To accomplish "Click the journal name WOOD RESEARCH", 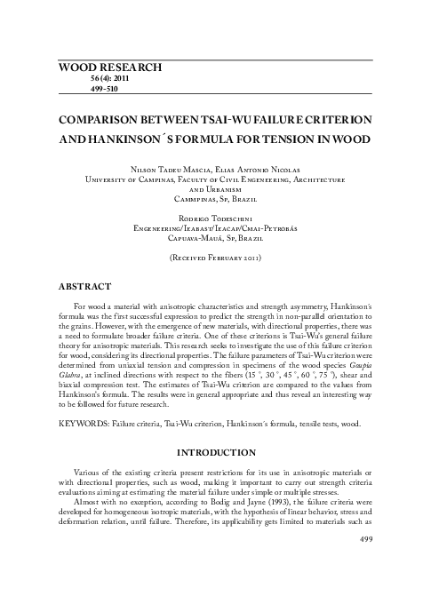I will [x=110, y=68].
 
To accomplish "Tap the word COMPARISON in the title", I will [x=99, y=118].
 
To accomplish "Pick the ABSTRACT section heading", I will [x=84, y=288].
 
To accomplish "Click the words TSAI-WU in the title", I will [x=189, y=118].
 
